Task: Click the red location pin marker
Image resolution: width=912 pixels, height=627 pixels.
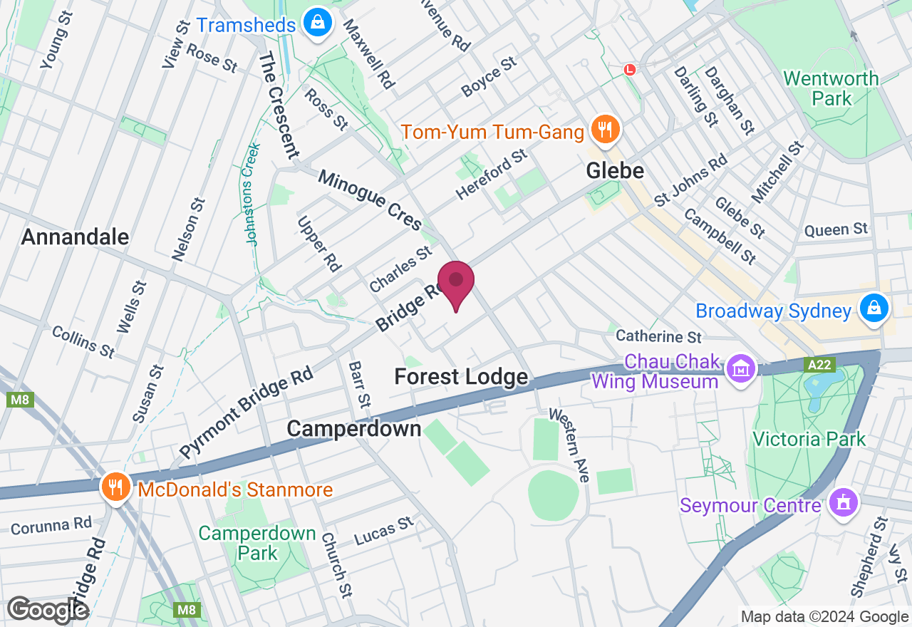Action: point(456,281)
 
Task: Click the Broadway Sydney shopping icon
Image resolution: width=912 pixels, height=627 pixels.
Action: point(874,309)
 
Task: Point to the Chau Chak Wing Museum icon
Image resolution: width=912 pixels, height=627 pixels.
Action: point(741,370)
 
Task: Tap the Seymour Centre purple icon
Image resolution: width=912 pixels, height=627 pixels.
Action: point(844,503)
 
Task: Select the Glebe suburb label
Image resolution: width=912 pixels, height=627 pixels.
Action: point(615,171)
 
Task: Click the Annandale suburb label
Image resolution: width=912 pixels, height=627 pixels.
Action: point(76,237)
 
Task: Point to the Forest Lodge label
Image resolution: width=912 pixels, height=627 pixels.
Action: point(462,377)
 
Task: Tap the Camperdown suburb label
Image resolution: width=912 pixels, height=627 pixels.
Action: point(354,428)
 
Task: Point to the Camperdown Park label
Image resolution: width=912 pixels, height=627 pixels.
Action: point(257,542)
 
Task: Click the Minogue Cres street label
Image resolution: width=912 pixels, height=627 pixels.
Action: point(370,199)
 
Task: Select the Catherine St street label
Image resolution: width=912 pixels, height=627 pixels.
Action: point(659,336)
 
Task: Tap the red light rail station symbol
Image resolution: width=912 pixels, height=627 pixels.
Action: point(629,69)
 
